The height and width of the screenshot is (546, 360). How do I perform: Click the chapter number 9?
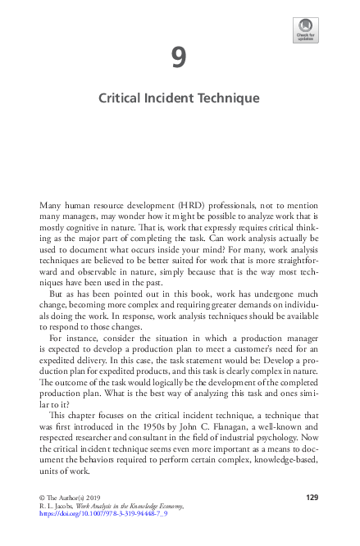(x=179, y=57)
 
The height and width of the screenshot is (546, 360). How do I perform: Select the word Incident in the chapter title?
(x=174, y=98)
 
